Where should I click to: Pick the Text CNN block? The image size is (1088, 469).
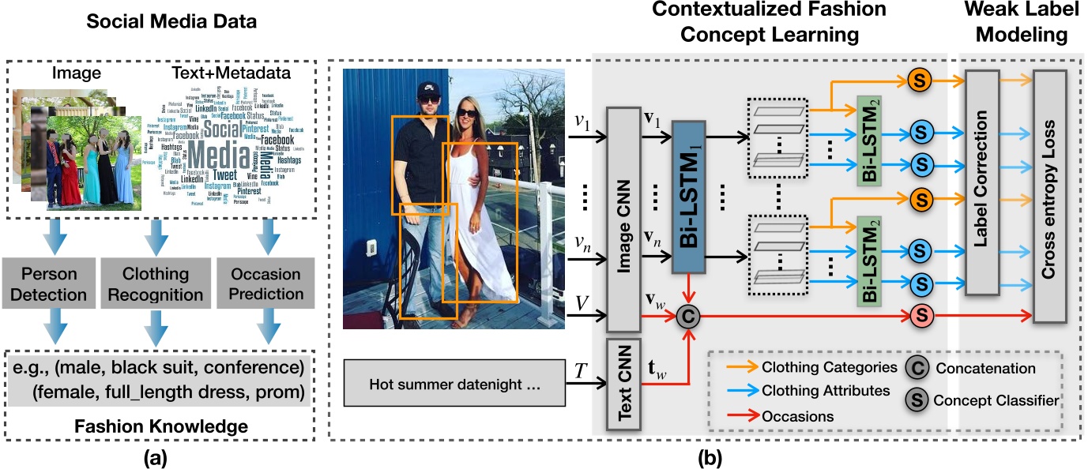pos(624,382)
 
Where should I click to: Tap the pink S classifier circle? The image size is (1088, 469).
pos(921,316)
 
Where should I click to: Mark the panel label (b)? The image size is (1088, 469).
pos(705,456)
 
